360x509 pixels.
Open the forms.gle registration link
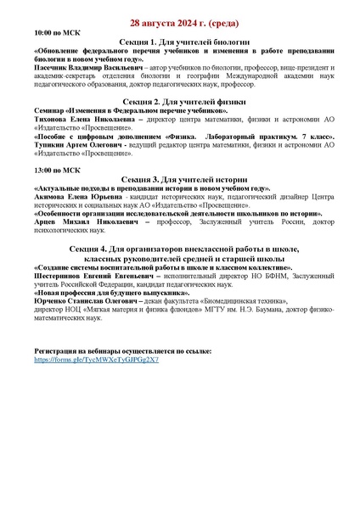96,360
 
